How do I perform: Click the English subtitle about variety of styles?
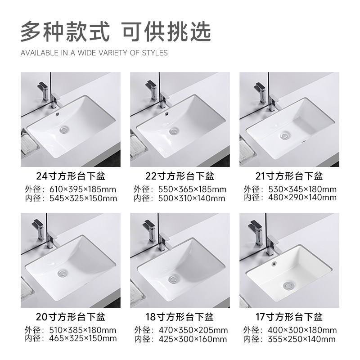click(x=94, y=53)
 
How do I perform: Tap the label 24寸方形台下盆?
click(x=71, y=175)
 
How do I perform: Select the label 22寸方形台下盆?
click(x=180, y=175)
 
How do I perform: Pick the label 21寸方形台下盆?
click(x=288, y=175)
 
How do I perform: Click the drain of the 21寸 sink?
click(x=284, y=134)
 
